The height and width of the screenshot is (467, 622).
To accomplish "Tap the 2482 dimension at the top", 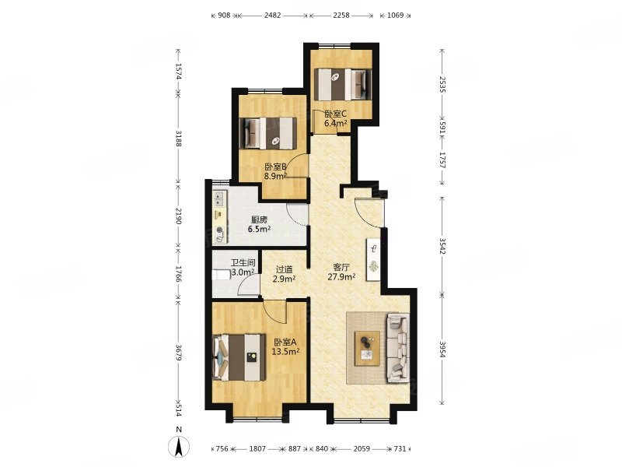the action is point(273,16).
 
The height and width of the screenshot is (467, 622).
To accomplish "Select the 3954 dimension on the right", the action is point(442,348).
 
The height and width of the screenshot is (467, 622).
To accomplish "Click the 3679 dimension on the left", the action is point(178,353).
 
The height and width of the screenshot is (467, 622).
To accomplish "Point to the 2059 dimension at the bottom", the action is point(362,449).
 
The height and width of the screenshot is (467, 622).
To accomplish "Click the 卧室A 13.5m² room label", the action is point(285,346).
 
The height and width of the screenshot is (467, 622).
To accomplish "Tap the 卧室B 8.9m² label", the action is point(276,171).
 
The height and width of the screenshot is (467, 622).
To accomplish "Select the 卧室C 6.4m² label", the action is point(336,118).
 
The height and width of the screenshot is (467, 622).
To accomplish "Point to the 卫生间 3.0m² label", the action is point(243,268).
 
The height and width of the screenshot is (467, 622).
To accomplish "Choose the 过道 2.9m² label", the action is point(284,274).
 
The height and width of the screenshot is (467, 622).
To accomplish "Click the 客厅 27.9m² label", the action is point(341,272).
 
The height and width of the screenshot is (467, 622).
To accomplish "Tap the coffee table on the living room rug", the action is point(367,348).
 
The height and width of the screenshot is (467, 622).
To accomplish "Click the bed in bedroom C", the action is point(343,85).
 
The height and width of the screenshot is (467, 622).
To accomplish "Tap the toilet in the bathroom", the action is point(221,275).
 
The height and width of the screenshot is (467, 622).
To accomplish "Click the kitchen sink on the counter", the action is point(219,199).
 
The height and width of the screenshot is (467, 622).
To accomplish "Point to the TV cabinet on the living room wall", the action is point(373,261).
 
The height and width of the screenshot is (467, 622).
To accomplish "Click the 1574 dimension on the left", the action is point(178,72).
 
